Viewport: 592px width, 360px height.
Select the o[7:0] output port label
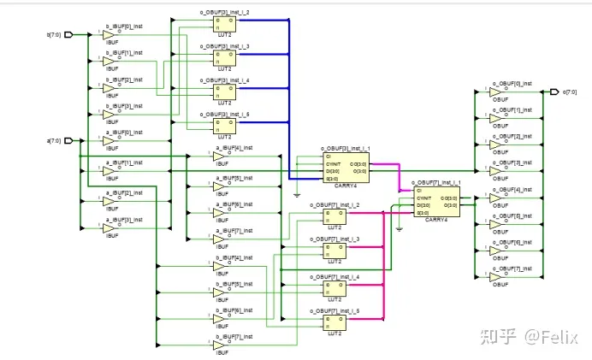pos(571,92)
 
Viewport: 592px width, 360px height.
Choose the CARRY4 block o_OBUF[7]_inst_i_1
pos(437,201)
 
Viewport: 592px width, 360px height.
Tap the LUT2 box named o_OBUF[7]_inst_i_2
pos(334,218)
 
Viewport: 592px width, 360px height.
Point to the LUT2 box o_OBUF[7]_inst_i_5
pos(334,316)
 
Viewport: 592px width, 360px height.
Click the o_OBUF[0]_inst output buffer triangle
pos(497,92)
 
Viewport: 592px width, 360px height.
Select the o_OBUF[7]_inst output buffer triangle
pos(497,277)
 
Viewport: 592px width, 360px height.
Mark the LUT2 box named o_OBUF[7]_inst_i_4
pos(334,283)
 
